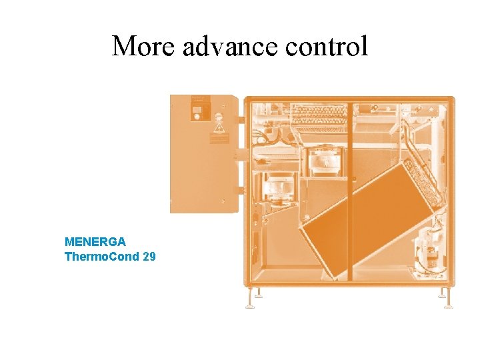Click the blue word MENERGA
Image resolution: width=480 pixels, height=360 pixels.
coord(95,241)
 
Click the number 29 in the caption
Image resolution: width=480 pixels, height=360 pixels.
coord(149,256)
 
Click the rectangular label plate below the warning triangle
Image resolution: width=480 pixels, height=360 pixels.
coord(218,139)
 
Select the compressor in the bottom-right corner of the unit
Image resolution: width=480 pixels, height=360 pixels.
coord(427,250)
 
